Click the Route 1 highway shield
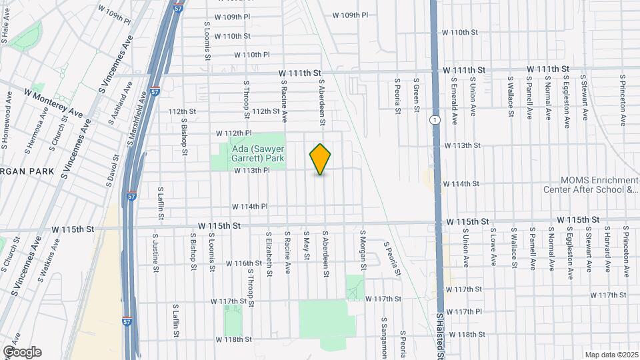434,119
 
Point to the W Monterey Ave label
53,101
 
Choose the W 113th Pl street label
251,171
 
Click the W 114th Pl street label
249,207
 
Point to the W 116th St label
244,263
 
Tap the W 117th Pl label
464,311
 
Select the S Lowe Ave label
494,247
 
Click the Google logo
22,352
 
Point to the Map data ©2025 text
611,355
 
